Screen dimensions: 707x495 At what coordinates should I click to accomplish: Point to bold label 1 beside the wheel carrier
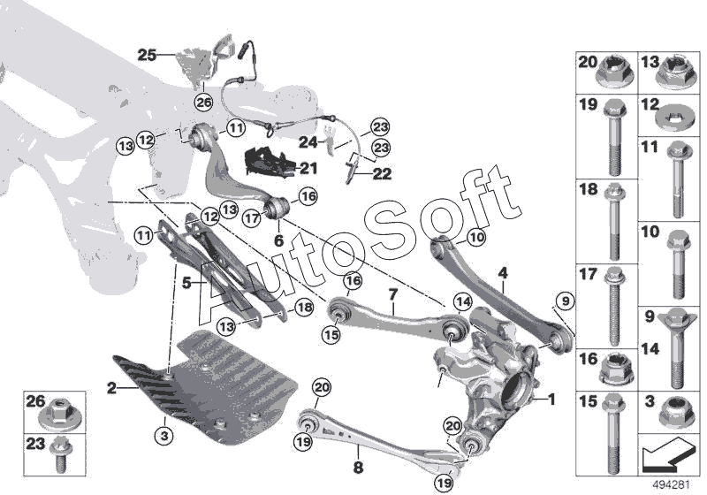pyautogui.click(x=552, y=400)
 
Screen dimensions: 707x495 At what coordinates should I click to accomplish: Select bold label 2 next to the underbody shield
pyautogui.click(x=111, y=386)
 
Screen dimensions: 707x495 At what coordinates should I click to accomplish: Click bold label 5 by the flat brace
pyautogui.click(x=186, y=284)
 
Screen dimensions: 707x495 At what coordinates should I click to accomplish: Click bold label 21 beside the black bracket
pyautogui.click(x=308, y=168)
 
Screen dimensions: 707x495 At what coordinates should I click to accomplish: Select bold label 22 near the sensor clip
pyautogui.click(x=381, y=174)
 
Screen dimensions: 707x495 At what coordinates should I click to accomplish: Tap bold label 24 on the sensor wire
pyautogui.click(x=303, y=141)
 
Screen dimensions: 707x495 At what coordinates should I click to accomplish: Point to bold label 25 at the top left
pyautogui.click(x=146, y=55)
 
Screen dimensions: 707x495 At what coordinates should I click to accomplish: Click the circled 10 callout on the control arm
pyautogui.click(x=475, y=236)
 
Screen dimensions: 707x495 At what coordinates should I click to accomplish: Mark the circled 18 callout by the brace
pyautogui.click(x=304, y=307)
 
